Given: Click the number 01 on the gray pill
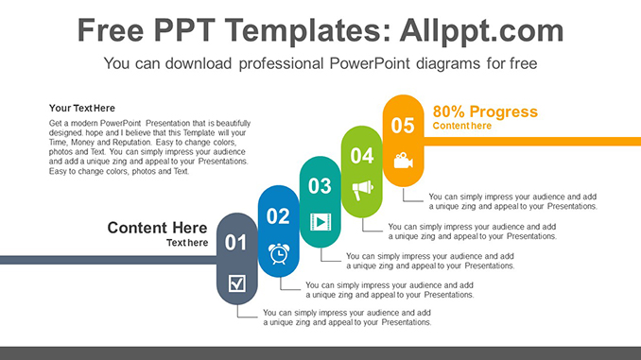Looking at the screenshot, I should click(x=235, y=243).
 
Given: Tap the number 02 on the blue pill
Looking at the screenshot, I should click(x=278, y=216).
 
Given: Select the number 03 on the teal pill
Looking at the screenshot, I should click(x=320, y=186).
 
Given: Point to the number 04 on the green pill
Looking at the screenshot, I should click(x=361, y=156).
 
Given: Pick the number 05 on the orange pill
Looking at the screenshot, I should click(x=403, y=126).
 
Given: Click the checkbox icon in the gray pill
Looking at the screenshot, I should click(x=237, y=282).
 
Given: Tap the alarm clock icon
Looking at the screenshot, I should click(x=279, y=253).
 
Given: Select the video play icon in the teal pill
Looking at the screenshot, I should click(x=320, y=222).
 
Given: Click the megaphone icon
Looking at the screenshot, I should click(x=362, y=190).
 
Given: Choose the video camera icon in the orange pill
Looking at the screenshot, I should click(x=404, y=160).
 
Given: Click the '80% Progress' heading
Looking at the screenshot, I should click(x=485, y=111).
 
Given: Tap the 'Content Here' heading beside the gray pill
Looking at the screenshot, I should click(x=157, y=228).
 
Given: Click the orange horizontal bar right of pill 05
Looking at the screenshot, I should click(x=529, y=141).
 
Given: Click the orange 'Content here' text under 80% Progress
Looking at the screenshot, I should click(x=462, y=126).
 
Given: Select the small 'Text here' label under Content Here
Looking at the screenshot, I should click(x=187, y=243).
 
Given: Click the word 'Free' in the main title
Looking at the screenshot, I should click(x=113, y=30).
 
